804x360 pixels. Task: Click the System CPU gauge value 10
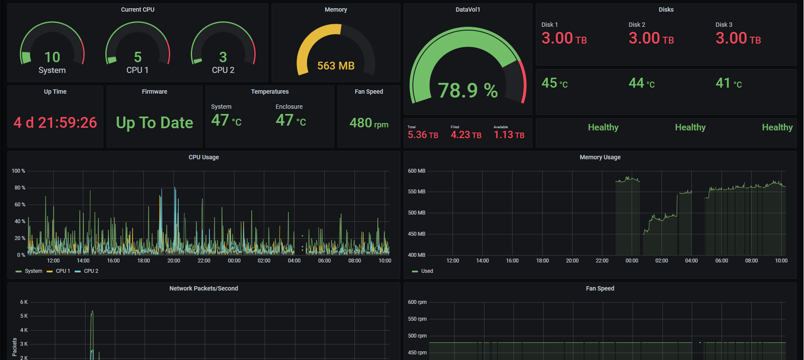[x=52, y=57]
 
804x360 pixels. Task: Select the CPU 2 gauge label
[x=223, y=70]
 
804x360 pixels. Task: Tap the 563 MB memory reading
[x=336, y=66]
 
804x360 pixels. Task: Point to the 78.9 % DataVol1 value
[x=468, y=90]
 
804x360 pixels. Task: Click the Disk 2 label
[x=636, y=25]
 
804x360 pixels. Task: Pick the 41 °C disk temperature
[x=728, y=83]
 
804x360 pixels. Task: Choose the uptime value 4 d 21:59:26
[x=55, y=123]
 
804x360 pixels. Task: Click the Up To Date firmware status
[x=154, y=123]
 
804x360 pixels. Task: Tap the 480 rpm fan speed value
[x=369, y=123]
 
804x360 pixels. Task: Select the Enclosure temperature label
[x=289, y=107]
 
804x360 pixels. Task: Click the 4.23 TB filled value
[x=466, y=135]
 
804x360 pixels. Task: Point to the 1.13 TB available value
[x=509, y=135]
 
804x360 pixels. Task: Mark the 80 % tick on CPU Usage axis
[x=20, y=188]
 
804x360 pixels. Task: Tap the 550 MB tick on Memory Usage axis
[x=416, y=192]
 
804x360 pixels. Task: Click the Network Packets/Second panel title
[x=203, y=288]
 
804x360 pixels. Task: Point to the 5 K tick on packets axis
[x=24, y=316]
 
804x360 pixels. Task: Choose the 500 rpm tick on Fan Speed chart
[x=417, y=336]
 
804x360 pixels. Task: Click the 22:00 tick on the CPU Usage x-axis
[x=204, y=261]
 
